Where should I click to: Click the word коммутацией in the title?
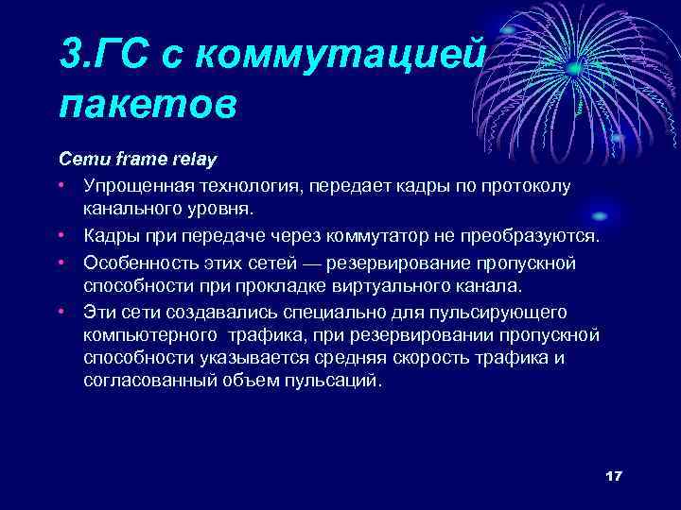pyautogui.click(x=350, y=52)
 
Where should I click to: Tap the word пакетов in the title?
pyautogui.click(x=148, y=103)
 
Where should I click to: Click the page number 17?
pyautogui.click(x=613, y=476)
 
